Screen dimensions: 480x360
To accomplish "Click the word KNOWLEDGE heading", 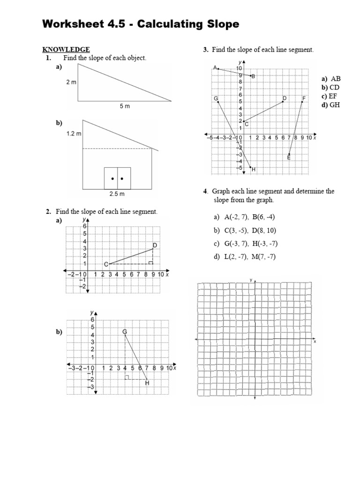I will coord(66,49).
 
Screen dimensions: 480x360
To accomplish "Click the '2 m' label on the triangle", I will coord(71,82).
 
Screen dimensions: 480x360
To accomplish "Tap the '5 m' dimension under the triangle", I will coord(124,106).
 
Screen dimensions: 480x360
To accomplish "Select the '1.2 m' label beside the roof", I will coord(74,134).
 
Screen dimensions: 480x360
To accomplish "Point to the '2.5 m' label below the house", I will coord(117,193).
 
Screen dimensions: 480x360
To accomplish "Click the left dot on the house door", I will coord(112,179).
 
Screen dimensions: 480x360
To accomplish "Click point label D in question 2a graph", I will coord(155,245).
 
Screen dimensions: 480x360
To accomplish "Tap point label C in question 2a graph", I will coord(106,265).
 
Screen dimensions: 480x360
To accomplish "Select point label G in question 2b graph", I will coord(125,331).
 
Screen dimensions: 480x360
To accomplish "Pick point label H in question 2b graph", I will coord(147,383).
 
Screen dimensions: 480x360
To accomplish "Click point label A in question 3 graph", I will coord(215,67).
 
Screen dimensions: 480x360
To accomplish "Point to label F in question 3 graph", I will coord(304,98).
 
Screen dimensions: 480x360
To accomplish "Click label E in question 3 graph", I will coord(289,158).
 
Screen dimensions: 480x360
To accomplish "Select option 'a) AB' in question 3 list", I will coord(331,79).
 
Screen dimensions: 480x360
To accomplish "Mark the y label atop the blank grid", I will coord(251,280).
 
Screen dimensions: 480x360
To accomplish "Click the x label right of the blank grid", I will coord(315,342).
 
